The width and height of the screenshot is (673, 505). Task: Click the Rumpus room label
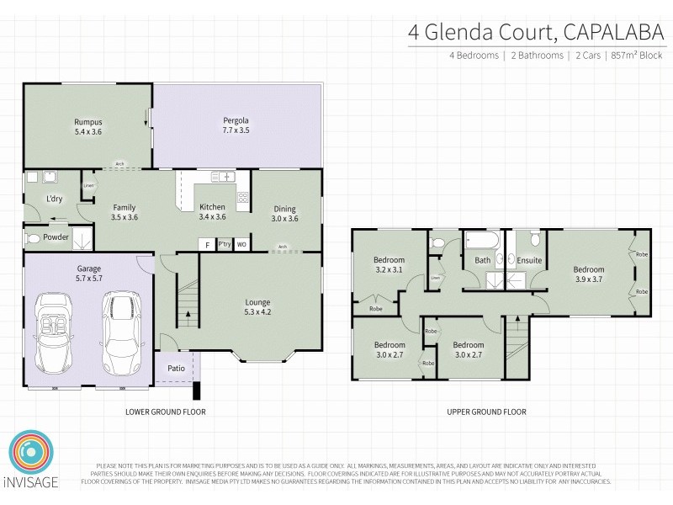88,126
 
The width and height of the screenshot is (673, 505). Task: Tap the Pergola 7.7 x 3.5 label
236,126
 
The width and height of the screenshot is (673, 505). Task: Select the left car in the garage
56,335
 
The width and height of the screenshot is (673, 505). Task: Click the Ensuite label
529,261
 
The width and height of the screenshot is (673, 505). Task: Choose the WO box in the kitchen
241,244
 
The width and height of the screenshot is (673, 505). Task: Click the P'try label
224,244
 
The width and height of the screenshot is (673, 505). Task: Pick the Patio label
176,368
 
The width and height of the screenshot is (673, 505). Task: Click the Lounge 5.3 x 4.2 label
257,306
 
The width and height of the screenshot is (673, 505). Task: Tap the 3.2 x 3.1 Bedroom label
389,265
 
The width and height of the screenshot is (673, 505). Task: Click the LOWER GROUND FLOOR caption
165,412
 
